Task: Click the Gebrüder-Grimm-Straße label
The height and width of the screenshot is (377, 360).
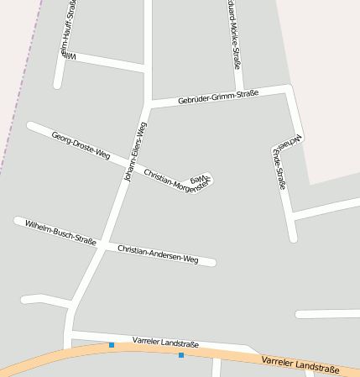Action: tap(218, 97)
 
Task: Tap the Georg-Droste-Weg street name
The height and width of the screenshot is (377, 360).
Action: tap(81, 145)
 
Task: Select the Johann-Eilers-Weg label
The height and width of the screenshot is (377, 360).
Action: tap(135, 152)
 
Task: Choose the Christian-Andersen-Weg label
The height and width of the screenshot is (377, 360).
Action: tap(158, 254)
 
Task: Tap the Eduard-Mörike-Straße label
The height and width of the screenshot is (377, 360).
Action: tap(235, 34)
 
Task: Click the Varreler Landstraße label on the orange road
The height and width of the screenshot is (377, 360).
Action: tap(300, 364)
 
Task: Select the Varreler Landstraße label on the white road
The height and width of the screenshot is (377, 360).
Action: tap(165, 343)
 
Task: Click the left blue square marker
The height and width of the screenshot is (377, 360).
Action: tap(111, 345)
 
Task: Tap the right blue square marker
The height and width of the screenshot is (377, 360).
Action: tap(181, 355)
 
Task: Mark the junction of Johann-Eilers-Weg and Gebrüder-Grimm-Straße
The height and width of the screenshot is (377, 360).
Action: tap(149, 105)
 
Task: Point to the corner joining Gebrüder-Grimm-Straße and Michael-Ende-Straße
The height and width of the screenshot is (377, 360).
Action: tap(289, 88)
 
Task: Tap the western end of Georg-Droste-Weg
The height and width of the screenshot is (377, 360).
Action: tap(30, 125)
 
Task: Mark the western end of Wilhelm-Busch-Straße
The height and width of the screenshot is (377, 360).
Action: tap(18, 221)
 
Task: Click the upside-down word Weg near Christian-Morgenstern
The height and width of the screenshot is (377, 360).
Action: tap(198, 179)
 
